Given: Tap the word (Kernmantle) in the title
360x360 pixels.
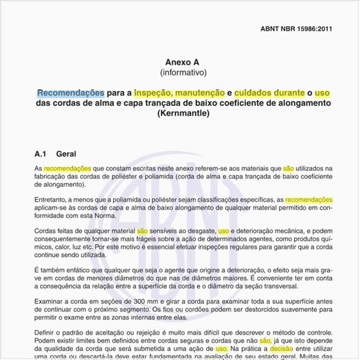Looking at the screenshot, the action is (183, 114).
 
